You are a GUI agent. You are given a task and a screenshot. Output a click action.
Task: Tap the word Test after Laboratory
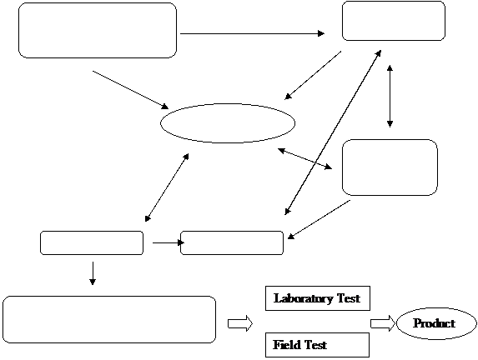pyautogui.click(x=349, y=298)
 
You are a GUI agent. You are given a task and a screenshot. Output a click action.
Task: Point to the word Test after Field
pyautogui.click(x=316, y=345)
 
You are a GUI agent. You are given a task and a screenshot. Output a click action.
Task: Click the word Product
pyautogui.click(x=434, y=322)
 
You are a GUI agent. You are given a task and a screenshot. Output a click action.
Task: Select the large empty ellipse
pyautogui.click(x=228, y=123)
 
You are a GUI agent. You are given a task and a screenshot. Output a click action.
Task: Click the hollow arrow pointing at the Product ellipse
pyautogui.click(x=383, y=323)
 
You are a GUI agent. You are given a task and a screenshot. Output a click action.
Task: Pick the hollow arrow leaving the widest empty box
pyautogui.click(x=240, y=323)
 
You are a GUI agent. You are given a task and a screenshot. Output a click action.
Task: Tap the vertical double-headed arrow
pyautogui.click(x=390, y=96)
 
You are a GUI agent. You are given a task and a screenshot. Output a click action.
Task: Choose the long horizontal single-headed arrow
pyautogui.click(x=253, y=33)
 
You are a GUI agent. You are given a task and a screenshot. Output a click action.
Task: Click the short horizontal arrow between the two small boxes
pyautogui.click(x=169, y=242)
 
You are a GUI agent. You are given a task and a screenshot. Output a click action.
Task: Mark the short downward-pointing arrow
pyautogui.click(x=93, y=273)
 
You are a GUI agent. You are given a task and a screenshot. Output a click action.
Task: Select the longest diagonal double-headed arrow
pyautogui.click(x=333, y=132)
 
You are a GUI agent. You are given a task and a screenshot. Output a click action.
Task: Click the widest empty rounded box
pyautogui.click(x=109, y=319)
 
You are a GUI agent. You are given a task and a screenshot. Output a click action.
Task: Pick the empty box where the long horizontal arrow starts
pyautogui.click(x=98, y=31)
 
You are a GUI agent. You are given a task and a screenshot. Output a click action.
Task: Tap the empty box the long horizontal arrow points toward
pyautogui.click(x=394, y=21)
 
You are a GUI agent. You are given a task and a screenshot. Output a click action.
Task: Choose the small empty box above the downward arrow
pyautogui.click(x=92, y=242)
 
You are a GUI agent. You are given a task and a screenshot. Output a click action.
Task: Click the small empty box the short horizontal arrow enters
pyautogui.click(x=232, y=242)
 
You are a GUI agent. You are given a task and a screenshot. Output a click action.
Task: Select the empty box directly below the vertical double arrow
pyautogui.click(x=390, y=167)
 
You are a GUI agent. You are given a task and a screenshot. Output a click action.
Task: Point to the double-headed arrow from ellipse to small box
pyautogui.click(x=167, y=187)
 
